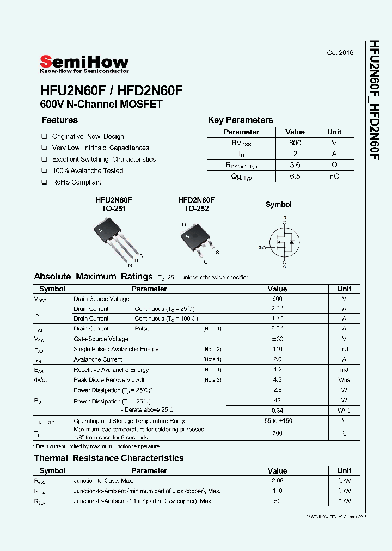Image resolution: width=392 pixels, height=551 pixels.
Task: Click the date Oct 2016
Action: (340, 53)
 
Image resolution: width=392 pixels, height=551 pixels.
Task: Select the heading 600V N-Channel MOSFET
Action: (101, 104)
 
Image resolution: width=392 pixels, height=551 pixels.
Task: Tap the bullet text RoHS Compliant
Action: (77, 182)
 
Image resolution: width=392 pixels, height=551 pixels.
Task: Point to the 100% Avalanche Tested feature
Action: (87, 170)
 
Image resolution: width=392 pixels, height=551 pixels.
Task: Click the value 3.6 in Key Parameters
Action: (295, 165)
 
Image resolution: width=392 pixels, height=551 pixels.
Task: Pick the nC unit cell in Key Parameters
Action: (334, 176)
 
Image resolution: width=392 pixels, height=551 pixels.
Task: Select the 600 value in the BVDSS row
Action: (295, 143)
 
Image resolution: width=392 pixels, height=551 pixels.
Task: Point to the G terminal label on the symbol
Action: (260, 247)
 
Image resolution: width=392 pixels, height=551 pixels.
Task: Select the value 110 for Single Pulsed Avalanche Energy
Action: (277, 349)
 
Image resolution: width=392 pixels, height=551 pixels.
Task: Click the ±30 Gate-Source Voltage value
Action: (277, 339)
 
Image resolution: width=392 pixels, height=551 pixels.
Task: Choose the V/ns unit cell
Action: (344, 380)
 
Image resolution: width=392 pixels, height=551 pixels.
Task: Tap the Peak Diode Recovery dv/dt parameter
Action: (109, 380)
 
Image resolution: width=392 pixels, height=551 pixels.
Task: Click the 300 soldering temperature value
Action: (277, 433)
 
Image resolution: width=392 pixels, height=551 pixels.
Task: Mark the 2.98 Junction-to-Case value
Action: (277, 481)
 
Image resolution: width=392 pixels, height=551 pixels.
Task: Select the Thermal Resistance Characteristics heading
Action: (109, 458)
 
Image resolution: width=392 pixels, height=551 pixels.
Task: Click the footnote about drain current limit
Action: (97, 446)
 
